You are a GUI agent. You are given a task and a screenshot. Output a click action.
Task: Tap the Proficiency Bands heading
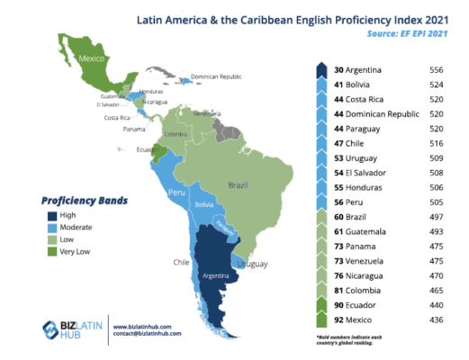coord(84,200)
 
